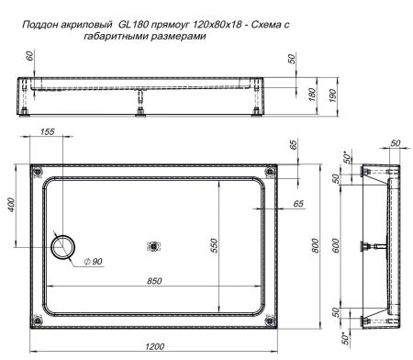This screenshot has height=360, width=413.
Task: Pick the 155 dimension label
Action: (47, 133)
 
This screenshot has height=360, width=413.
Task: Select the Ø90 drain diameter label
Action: (91, 263)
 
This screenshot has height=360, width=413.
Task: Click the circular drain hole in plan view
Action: (65, 245)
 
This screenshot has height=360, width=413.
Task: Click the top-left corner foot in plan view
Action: (38, 172)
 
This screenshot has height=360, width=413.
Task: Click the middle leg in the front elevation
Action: (140, 109)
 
